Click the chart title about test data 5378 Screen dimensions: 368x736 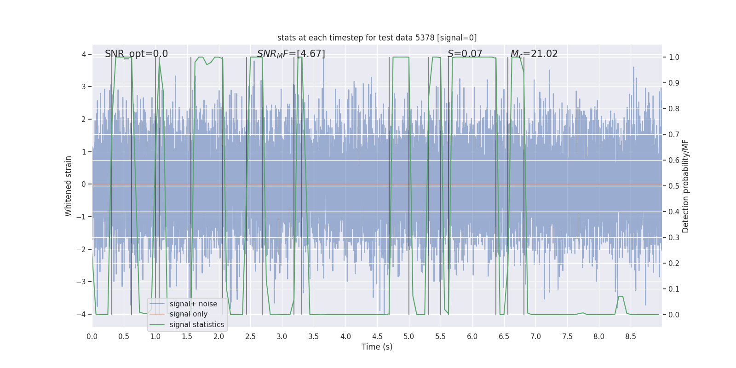coord(377,38)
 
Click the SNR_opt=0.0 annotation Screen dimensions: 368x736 coord(136,54)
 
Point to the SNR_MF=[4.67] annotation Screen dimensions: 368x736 coord(291,54)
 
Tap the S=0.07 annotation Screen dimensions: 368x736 coord(465,54)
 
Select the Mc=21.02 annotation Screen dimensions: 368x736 coord(534,54)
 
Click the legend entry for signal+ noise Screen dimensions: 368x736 coord(193,304)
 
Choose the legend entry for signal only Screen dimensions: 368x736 coord(188,314)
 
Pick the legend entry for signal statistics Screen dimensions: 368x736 coord(196,325)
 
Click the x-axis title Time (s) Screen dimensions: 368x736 coord(377,347)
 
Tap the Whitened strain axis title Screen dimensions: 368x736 coord(69,186)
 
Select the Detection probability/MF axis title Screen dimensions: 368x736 coord(685,186)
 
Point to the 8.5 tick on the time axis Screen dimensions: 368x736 coord(630,337)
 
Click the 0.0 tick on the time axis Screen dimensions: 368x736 coord(92,337)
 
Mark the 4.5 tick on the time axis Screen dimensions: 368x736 coord(377,337)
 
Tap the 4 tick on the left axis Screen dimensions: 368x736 coord(84,55)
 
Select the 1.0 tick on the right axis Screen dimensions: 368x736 coord(674,57)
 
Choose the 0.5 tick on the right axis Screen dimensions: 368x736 coord(674,186)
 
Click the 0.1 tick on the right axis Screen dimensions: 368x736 coord(674,289)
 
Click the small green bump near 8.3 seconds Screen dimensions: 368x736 coord(621,297)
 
